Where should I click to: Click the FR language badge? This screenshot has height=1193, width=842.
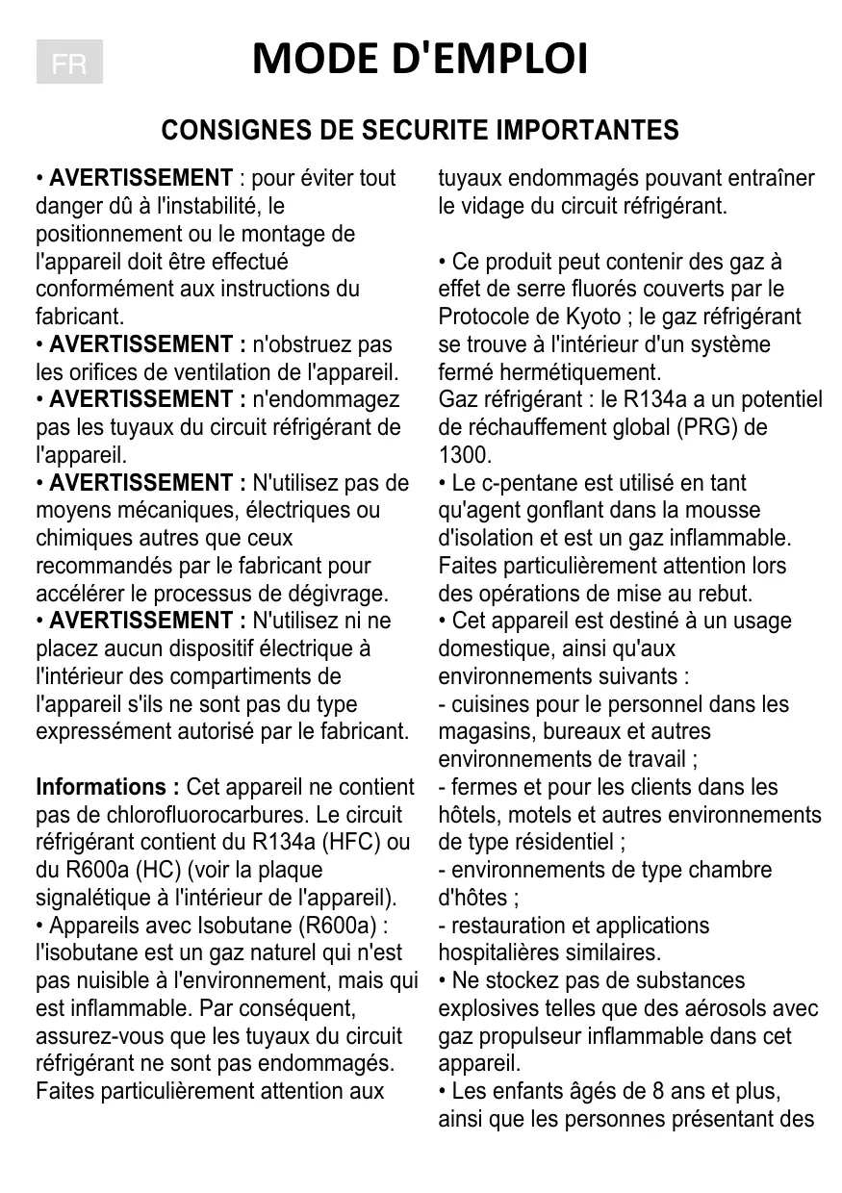(69, 63)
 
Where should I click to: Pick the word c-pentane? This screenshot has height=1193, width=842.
(521, 483)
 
